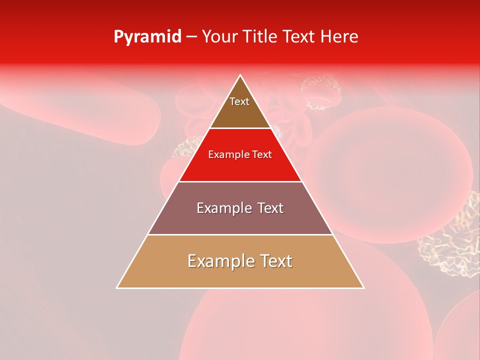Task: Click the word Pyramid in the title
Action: tap(147, 37)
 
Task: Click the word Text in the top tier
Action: tap(239, 101)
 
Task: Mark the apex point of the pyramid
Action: tap(240, 75)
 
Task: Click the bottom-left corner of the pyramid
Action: tap(117, 288)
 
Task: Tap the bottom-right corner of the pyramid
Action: tap(363, 288)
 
